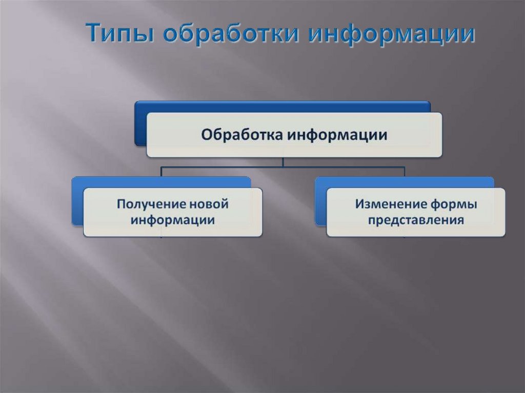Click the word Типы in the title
click(x=118, y=34)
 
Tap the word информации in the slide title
click(x=391, y=34)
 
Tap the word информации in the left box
click(x=172, y=220)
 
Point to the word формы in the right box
click(x=456, y=204)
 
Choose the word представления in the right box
click(x=416, y=220)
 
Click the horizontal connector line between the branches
click(x=231, y=167)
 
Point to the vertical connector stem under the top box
click(x=283, y=162)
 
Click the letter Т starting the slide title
click(x=93, y=34)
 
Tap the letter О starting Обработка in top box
click(x=206, y=135)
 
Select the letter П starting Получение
click(x=122, y=204)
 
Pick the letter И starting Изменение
click(x=360, y=204)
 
